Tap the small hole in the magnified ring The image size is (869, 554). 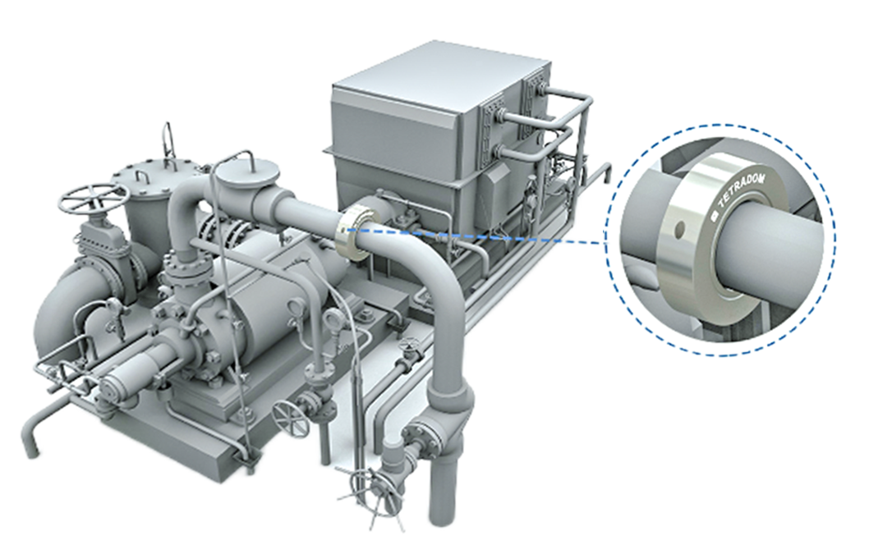click(x=680, y=227)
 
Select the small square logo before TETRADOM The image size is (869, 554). click(x=715, y=215)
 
